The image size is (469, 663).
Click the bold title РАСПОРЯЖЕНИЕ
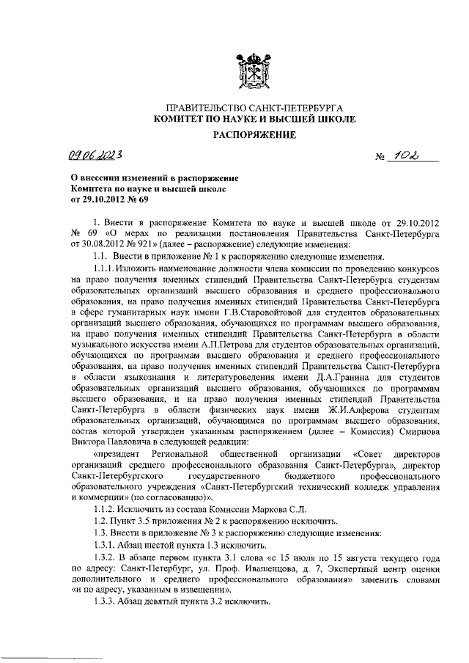pyautogui.click(x=254, y=134)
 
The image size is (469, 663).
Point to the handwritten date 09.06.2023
pyautogui.click(x=96, y=155)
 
